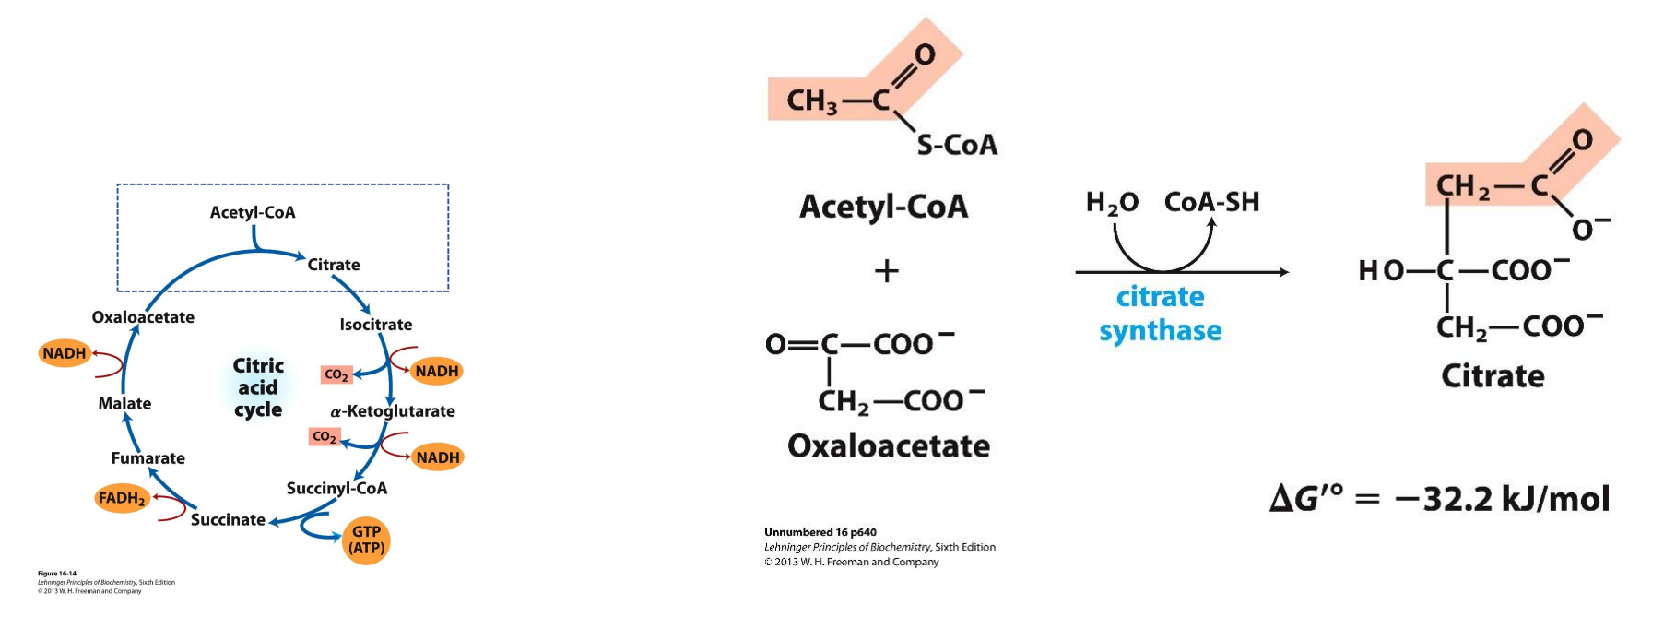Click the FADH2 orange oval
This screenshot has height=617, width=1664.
(122, 498)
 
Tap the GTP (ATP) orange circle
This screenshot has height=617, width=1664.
(366, 540)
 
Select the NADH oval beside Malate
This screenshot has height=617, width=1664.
(65, 353)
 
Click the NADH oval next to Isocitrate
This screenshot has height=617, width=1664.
(437, 371)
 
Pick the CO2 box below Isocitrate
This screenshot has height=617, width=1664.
(336, 374)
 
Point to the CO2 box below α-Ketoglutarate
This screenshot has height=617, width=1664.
(325, 436)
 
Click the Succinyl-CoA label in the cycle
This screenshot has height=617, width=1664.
(336, 488)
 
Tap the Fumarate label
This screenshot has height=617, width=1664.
(148, 458)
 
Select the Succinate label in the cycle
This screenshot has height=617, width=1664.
(228, 519)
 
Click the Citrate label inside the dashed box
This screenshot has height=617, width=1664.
(334, 265)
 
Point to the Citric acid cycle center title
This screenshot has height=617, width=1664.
(258, 387)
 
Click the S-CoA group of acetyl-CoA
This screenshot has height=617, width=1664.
(957, 145)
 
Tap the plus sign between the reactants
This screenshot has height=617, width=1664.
(886, 271)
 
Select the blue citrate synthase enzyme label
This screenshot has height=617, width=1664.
(1161, 314)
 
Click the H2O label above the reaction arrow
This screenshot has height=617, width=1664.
(1112, 203)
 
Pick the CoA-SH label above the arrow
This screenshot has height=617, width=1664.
(1211, 202)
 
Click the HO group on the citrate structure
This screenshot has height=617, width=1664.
(1381, 270)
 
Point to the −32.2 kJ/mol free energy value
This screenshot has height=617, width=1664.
(1502, 499)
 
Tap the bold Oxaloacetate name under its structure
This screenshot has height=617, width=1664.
(889, 446)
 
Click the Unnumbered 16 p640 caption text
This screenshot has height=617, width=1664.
(820, 532)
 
